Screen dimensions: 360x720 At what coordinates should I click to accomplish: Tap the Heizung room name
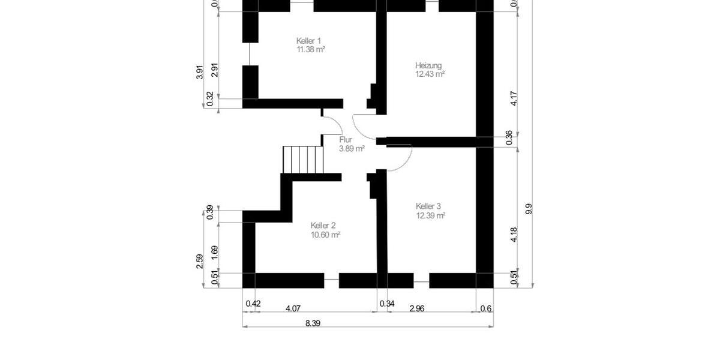click(x=428, y=65)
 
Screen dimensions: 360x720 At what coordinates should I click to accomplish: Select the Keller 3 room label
click(x=428, y=206)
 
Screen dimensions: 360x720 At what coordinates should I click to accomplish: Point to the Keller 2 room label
click(x=323, y=226)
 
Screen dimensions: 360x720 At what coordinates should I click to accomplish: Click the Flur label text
click(x=346, y=139)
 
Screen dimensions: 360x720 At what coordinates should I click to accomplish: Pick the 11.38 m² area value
click(x=310, y=50)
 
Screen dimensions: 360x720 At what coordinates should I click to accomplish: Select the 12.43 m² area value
click(x=430, y=74)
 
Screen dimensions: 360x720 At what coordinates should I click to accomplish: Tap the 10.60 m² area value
click(x=325, y=235)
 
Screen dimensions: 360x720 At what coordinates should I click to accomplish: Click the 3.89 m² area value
click(x=352, y=149)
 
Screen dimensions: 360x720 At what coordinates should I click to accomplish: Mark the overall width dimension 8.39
click(x=313, y=323)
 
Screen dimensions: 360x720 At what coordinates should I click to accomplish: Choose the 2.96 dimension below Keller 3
click(x=416, y=308)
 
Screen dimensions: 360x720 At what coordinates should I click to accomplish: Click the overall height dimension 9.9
click(x=529, y=209)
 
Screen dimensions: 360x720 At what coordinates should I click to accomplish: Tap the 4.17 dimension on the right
click(x=514, y=98)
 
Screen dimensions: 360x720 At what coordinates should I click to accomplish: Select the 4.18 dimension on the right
click(x=514, y=235)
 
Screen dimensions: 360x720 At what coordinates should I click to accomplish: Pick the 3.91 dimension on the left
click(x=200, y=72)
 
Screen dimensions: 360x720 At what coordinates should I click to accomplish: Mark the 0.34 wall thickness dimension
click(x=387, y=304)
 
